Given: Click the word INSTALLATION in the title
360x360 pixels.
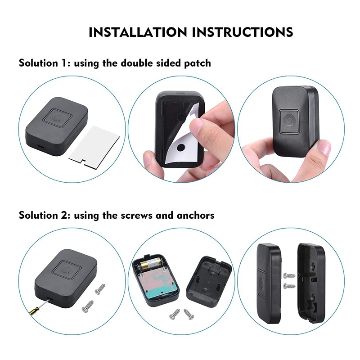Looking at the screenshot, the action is pos(138,32).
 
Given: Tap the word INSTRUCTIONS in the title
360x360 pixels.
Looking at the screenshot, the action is pos(243,32).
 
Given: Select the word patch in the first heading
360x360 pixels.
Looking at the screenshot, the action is pos(198,63).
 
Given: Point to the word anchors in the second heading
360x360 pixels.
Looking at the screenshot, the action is pos(195,216).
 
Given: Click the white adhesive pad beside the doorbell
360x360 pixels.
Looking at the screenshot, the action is pos(94,146).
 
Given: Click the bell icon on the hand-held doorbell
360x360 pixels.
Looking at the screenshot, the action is pos(289,121).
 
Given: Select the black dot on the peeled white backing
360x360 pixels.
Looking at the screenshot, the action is pos(180,147).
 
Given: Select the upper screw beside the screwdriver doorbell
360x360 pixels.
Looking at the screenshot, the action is pos(100,289).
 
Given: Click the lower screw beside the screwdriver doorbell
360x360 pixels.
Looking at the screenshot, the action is pos(88,306).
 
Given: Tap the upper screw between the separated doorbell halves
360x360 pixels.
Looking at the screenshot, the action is pos(289,275).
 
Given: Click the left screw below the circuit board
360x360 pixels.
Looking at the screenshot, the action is pos(175,314).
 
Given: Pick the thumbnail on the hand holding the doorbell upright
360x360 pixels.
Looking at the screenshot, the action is pos(324,147).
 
